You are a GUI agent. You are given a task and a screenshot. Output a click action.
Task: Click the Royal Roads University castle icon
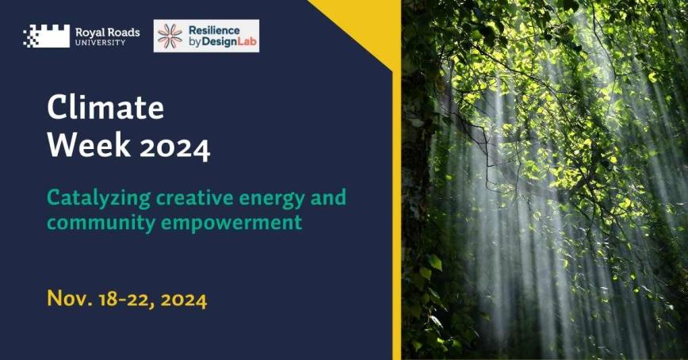(47, 36)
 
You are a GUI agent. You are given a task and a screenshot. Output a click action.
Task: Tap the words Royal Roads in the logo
(107, 32)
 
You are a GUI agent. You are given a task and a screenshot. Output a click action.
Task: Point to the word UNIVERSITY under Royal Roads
(100, 43)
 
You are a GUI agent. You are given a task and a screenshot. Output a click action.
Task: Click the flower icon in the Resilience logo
(170, 36)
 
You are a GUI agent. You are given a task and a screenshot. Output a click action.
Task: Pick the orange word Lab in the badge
(242, 42)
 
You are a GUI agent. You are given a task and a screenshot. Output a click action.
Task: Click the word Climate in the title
(105, 107)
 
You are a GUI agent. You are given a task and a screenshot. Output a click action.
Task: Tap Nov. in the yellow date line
(69, 299)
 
